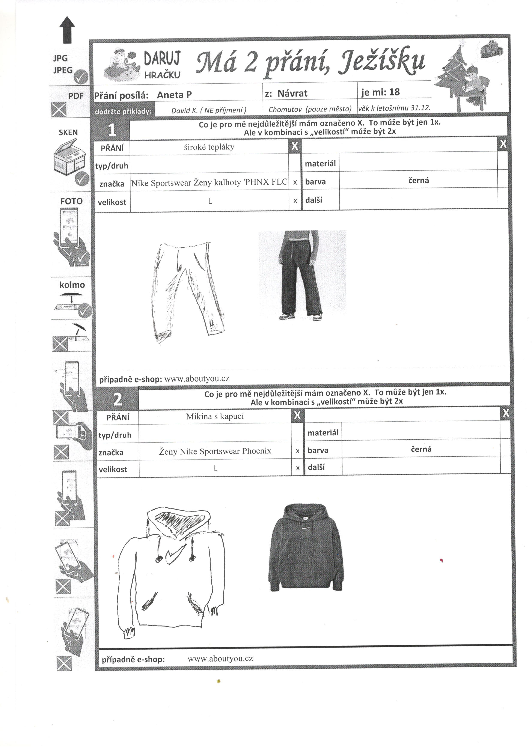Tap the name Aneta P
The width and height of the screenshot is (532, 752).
pos(174,95)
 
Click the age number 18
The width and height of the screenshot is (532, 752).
pos(394,92)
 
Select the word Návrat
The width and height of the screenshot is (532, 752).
pos(292,94)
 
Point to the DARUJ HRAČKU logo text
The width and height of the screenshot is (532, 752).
pos(162,65)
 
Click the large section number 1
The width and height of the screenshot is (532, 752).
pos(112,130)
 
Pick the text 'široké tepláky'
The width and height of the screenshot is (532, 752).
pos(209,147)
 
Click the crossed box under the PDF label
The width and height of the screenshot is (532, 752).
pos(59,110)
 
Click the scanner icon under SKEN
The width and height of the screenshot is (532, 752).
pos(69,157)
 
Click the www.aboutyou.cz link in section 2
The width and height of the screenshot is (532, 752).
pos(220,659)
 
